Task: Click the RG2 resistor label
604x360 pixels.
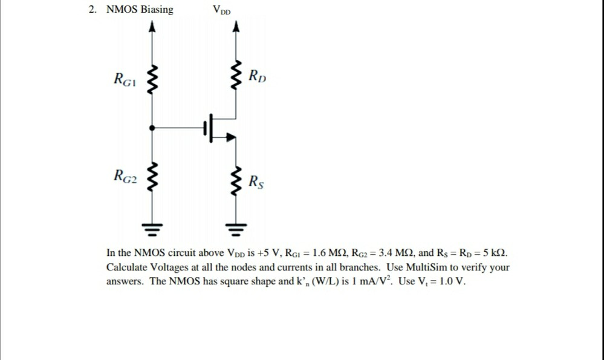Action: [125, 177]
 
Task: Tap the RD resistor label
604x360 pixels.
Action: [258, 77]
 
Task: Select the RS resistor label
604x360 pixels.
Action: [256, 180]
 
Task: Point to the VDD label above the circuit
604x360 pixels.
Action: [221, 10]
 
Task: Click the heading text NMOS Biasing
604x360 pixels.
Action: [140, 10]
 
